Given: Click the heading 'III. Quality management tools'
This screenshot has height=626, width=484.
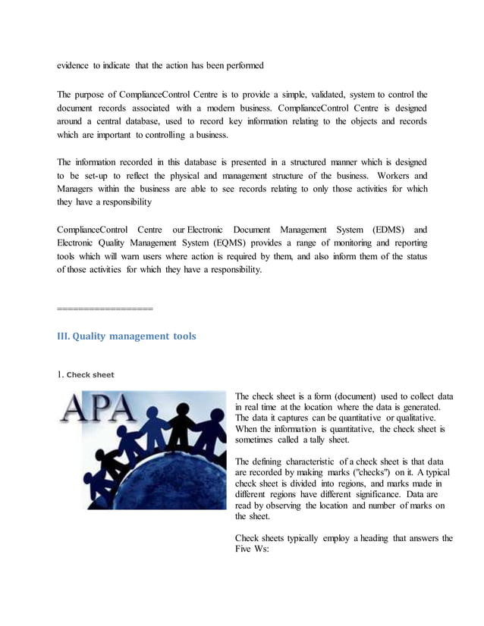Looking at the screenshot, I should pyautogui.click(x=127, y=336).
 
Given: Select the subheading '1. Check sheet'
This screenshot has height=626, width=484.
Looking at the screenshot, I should pyautogui.click(x=86, y=374).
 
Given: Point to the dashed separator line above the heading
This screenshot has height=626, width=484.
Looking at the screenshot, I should pyautogui.click(x=105, y=308).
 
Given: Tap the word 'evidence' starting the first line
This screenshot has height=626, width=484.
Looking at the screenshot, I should pyautogui.click(x=74, y=66).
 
